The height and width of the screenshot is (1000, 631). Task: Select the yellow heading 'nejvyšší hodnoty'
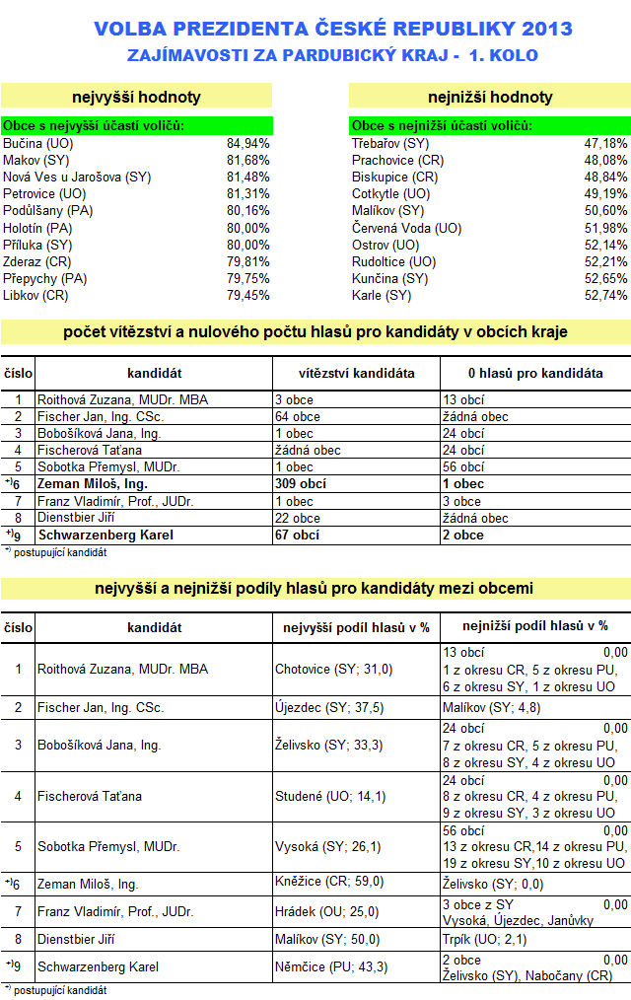pyautogui.click(x=137, y=97)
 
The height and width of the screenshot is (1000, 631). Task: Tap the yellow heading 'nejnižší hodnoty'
pyautogui.click(x=490, y=97)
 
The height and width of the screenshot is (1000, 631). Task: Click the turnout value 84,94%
pyautogui.click(x=247, y=143)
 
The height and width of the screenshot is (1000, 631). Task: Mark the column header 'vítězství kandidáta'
pyautogui.click(x=356, y=374)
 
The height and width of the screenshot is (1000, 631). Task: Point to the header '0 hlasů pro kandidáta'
pyautogui.click(x=535, y=374)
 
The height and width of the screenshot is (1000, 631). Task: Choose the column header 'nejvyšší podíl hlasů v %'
pyautogui.click(x=356, y=626)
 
